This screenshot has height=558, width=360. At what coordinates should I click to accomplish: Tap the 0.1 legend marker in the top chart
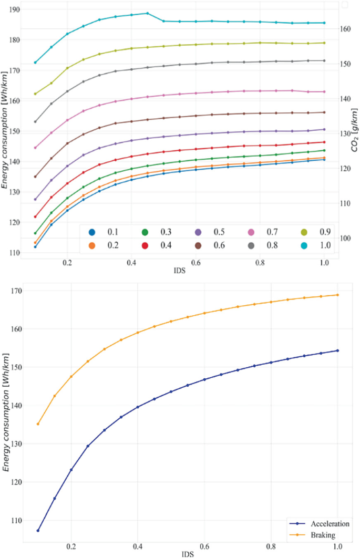pos(92,232)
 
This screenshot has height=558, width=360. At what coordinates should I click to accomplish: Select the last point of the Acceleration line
pos(337,350)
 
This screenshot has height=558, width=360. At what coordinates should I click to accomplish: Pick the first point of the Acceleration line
pos(38,531)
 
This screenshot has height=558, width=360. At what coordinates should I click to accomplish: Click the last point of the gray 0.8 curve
pos(324,60)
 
